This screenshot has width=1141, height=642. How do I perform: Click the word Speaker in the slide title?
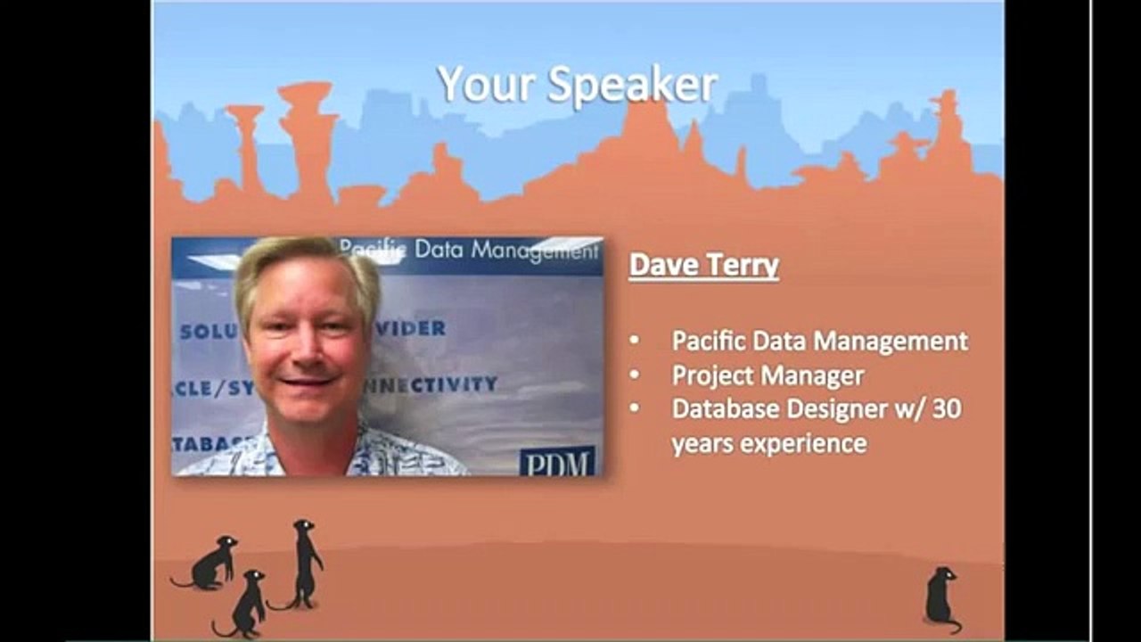pos(633,85)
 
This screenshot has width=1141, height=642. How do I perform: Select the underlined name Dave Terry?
pos(704,265)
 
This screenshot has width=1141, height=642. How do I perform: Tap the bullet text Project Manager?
pos(768,375)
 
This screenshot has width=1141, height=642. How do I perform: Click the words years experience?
pos(768,443)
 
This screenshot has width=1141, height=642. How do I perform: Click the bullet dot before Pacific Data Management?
pos(634,341)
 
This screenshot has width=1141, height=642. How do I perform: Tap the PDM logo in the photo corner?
pos(557,461)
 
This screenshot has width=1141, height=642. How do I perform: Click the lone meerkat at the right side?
pos(941,597)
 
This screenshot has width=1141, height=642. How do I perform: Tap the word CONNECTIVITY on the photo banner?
pos(437,384)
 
